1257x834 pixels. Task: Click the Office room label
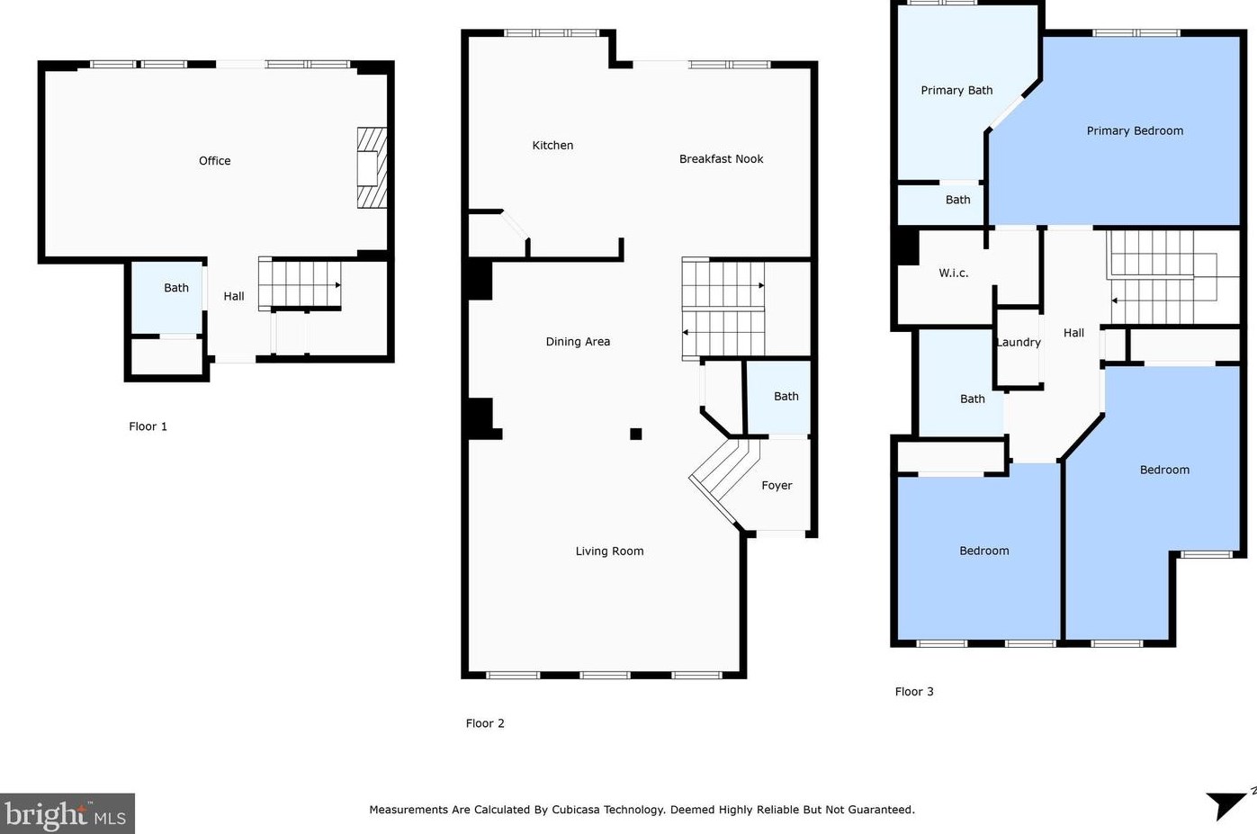(x=214, y=161)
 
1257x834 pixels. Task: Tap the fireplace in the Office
(x=372, y=168)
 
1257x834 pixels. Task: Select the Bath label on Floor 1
(x=176, y=288)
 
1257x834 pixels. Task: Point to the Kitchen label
(x=552, y=146)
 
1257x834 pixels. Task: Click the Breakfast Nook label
(x=721, y=159)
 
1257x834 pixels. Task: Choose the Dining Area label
(x=578, y=342)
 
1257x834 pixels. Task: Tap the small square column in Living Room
(x=636, y=434)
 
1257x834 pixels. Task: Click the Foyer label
(x=777, y=486)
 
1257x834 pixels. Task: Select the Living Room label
(x=609, y=552)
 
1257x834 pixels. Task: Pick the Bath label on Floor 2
(x=786, y=396)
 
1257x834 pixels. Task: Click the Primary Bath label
(x=956, y=90)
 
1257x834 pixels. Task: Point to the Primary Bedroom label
(x=1135, y=130)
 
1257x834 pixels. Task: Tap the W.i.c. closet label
(x=954, y=274)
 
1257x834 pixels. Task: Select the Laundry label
(x=1019, y=343)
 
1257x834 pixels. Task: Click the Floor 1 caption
(x=148, y=426)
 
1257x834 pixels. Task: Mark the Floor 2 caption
(x=485, y=723)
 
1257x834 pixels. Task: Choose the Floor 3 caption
(x=914, y=692)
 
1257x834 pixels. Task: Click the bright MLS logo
(x=67, y=813)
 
